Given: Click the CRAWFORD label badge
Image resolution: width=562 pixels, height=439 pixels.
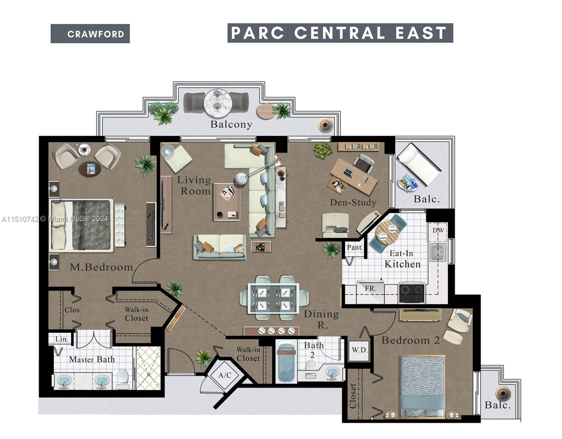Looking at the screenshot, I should point(90,34).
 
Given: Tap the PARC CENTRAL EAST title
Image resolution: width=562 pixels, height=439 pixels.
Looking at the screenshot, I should point(340,33).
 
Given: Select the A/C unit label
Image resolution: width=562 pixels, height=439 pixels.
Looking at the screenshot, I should point(225,375).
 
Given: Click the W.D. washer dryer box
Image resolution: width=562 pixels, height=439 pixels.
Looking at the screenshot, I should point(360,350).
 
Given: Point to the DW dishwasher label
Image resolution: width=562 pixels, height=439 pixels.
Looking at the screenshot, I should point(438,230).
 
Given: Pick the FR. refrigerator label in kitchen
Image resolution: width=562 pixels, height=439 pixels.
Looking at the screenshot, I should point(371,289).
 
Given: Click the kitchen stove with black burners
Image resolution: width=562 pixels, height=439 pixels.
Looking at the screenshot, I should point(412,293).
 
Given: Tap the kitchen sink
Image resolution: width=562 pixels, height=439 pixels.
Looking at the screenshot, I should point(437,252).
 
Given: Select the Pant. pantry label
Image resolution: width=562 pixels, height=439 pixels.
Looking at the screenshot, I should point(354,248).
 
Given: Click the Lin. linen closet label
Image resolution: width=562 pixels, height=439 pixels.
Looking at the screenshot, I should point(61,339).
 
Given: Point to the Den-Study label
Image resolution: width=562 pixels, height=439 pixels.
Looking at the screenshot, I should point(353,203).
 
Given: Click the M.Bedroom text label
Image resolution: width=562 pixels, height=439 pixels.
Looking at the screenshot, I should point(101,267).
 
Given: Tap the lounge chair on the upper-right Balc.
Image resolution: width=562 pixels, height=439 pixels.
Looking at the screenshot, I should point(419,164).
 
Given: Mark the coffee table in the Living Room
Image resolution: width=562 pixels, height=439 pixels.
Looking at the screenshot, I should point(227,202).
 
